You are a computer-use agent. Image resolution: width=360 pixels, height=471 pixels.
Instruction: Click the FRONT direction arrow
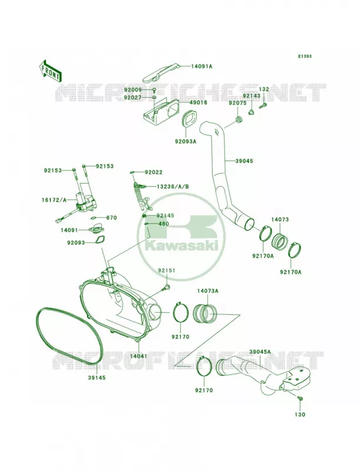pyautogui.click(x=50, y=71)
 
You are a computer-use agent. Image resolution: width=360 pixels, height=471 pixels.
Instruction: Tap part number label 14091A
pyautogui.click(x=202, y=67)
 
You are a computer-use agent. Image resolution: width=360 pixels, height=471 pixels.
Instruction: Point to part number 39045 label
pyautogui.click(x=244, y=161)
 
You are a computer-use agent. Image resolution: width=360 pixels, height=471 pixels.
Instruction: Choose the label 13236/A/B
pyautogui.click(x=173, y=187)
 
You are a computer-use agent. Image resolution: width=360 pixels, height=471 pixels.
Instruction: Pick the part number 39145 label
pyautogui.click(x=97, y=378)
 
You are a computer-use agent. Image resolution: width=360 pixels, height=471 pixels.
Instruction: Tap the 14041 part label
pyautogui.click(x=138, y=356)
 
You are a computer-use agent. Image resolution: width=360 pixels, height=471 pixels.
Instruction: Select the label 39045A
pyautogui.click(x=260, y=351)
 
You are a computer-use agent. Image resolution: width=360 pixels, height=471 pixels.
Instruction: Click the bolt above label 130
pyautogui.click(x=300, y=399)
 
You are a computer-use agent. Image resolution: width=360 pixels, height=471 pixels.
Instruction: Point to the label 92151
pyautogui.click(x=167, y=271)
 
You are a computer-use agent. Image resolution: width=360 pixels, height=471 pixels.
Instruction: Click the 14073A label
pyautogui.click(x=207, y=291)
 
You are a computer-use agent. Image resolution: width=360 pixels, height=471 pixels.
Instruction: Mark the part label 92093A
pyautogui.click(x=186, y=141)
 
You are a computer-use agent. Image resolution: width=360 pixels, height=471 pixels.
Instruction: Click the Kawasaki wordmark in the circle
pyautogui.click(x=181, y=246)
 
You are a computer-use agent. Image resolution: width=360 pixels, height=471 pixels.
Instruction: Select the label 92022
pyautogui.click(x=154, y=173)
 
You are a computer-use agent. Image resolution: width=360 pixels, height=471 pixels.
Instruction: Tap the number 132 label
pyautogui.click(x=264, y=89)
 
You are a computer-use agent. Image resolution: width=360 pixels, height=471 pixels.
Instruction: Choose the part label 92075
pyautogui.click(x=237, y=103)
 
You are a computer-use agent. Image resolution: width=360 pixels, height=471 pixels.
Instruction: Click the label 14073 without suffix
pyautogui.click(x=280, y=220)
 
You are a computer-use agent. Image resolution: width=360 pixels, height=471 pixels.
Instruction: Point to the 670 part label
pyautogui.click(x=111, y=218)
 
